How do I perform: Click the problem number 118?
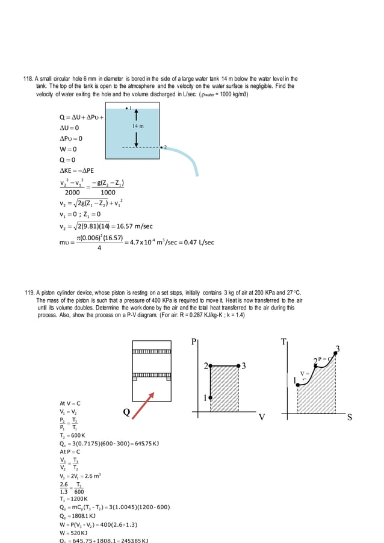(x=28, y=79)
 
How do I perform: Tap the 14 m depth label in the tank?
(x=138, y=126)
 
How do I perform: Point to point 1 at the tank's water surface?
(x=127, y=107)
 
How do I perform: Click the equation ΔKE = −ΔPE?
(x=76, y=171)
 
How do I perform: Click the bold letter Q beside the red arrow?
(x=126, y=412)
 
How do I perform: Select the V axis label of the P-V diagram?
(x=261, y=417)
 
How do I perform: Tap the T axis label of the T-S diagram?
(x=283, y=343)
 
